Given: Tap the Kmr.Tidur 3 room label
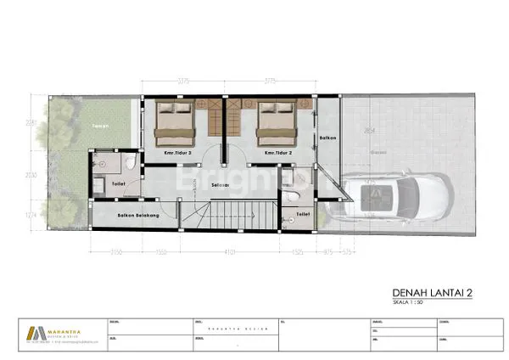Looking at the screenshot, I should coord(179,154).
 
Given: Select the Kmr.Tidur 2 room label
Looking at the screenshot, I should coord(278,154).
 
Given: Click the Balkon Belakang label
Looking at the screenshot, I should coord(139,217).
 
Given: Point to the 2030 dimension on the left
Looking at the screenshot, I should coord(31,176).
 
